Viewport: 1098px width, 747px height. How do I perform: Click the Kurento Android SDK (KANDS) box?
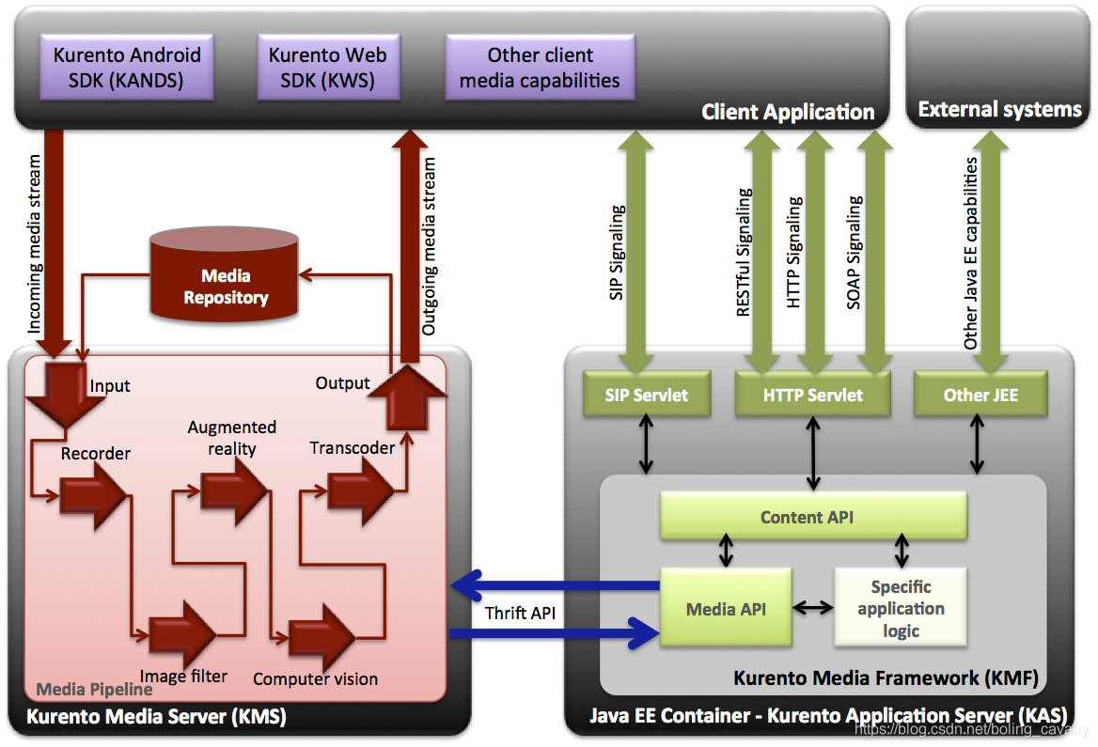127,68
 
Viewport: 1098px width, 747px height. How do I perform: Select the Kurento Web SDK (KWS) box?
327,68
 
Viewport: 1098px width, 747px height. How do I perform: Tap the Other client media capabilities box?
540,68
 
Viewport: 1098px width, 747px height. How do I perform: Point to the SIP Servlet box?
647,395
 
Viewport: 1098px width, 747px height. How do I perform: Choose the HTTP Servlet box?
813,395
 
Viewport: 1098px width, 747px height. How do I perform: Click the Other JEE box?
980,395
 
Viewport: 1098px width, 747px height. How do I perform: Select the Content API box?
813,517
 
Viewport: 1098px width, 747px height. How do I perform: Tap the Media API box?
726,608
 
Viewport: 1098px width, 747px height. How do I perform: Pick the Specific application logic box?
901,608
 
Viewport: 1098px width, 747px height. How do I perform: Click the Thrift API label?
520,614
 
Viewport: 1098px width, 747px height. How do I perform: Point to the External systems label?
999,110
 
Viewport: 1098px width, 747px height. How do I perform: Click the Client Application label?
788,113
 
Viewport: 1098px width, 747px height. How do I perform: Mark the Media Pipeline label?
94,690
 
